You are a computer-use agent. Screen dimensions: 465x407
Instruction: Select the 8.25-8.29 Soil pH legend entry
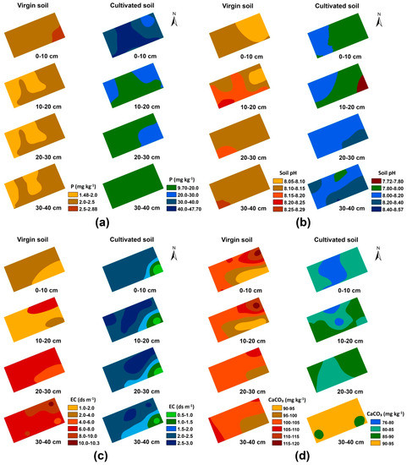coord(275,207)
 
